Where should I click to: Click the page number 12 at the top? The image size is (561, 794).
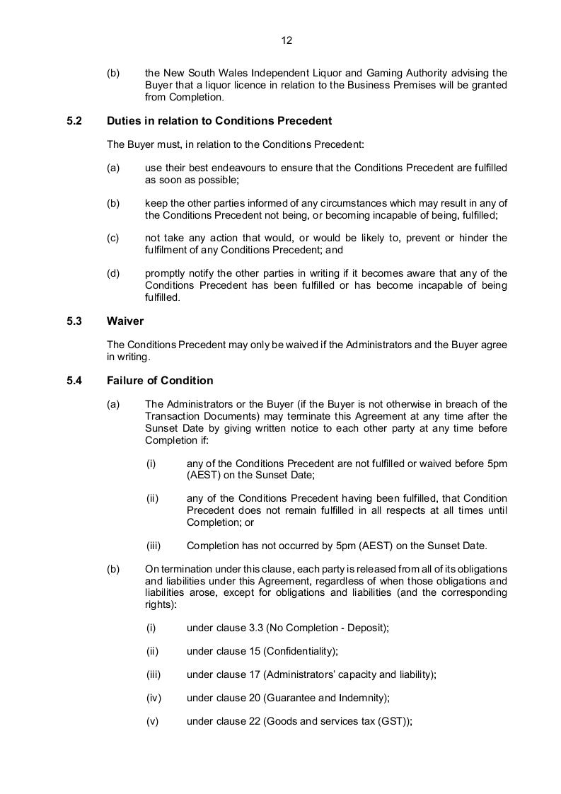click(287, 40)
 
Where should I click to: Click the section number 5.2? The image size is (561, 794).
click(74, 121)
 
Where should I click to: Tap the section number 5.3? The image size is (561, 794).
click(74, 321)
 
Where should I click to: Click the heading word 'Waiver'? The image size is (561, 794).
click(125, 321)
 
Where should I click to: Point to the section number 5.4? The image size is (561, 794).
click(74, 381)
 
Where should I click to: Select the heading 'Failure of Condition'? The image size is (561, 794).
click(160, 381)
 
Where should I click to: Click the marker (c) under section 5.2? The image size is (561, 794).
click(113, 238)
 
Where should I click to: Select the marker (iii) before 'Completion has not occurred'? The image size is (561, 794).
click(154, 546)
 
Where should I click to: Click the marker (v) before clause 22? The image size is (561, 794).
click(152, 721)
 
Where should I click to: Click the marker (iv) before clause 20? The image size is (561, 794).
click(154, 698)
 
